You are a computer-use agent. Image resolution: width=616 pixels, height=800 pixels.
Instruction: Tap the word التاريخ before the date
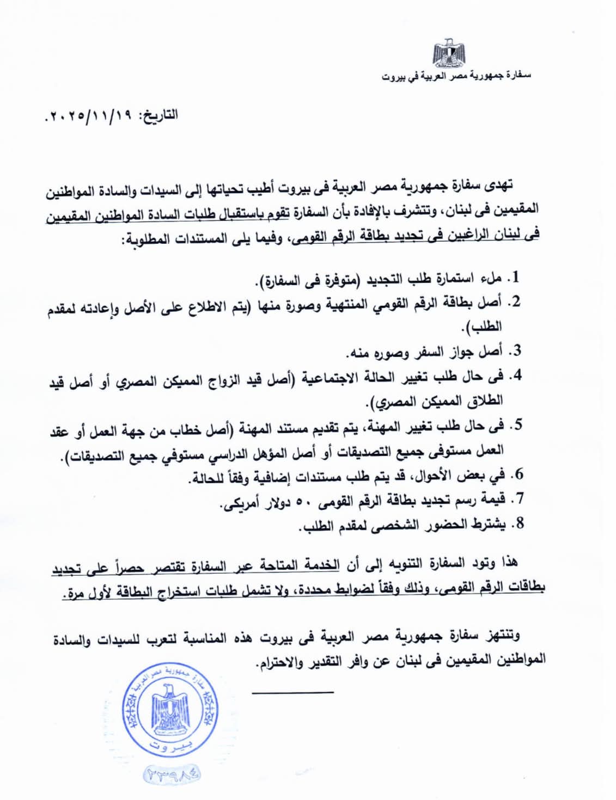coord(160,115)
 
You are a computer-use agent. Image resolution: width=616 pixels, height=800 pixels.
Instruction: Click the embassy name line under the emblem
coord(456,76)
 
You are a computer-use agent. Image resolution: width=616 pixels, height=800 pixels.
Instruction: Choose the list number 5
coord(515,424)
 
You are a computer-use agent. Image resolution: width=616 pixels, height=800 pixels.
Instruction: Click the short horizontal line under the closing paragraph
coord(292,692)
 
